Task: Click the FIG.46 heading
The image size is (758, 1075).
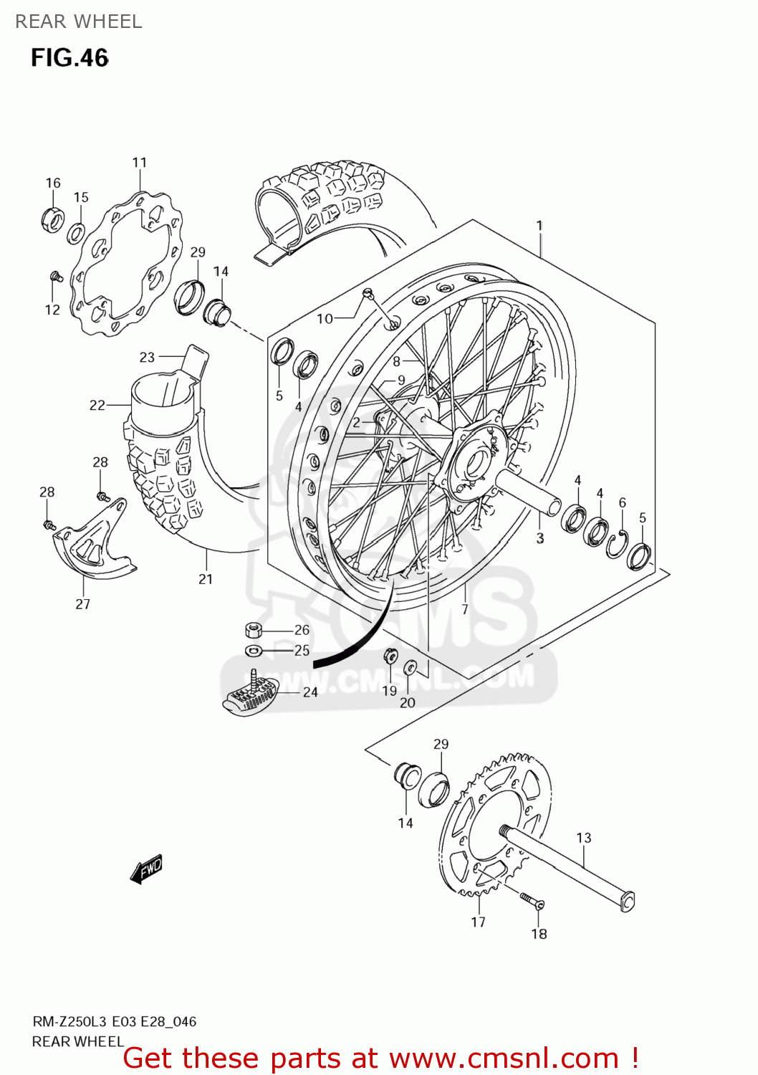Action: point(69,57)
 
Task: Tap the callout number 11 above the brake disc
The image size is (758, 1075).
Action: point(139,163)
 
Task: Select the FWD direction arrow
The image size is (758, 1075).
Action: point(147,869)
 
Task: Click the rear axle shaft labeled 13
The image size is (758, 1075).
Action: point(566,867)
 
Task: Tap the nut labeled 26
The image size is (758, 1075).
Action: point(254,630)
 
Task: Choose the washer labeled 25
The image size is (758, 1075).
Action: point(254,651)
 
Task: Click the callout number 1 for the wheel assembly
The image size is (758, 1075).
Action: point(539,225)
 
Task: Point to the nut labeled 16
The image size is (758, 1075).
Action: point(52,218)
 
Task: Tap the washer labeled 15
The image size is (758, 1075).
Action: point(76,233)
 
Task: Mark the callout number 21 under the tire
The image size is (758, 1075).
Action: point(206,579)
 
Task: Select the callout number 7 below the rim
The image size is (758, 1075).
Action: point(465,609)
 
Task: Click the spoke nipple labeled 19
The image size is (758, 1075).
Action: point(390,656)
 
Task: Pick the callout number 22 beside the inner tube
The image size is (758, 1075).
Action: point(97,405)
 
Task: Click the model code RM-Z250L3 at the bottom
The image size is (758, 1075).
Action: point(69,1021)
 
